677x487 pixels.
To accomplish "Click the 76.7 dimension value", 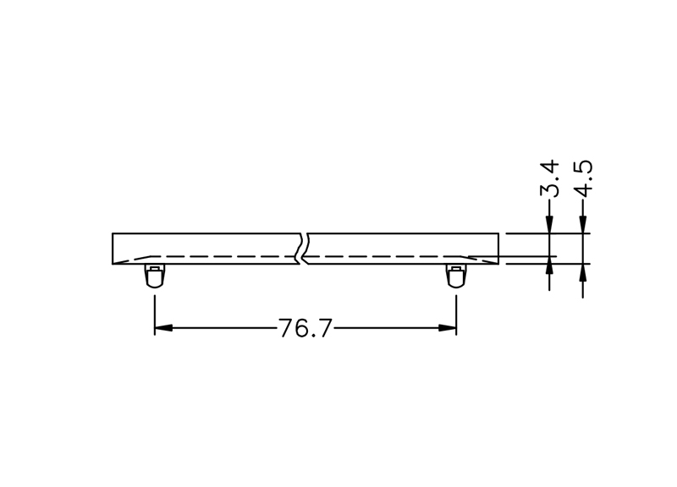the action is pyautogui.click(x=305, y=329).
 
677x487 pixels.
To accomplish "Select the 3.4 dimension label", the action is pyautogui.click(x=549, y=178).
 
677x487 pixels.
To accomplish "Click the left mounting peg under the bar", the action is pyautogui.click(x=154, y=276).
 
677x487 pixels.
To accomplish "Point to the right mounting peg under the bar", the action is pyautogui.click(x=456, y=276).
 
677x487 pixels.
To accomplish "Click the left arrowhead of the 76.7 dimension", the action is pyautogui.click(x=163, y=328).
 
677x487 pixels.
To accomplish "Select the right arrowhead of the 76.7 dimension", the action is pyautogui.click(x=448, y=328).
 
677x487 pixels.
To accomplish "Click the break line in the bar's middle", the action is pyautogui.click(x=303, y=249).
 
